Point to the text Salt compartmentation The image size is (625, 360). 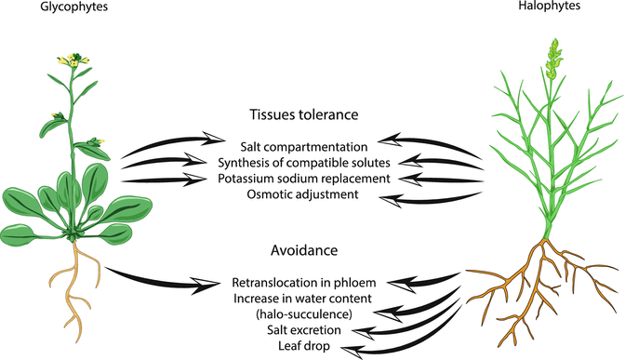point(303,147)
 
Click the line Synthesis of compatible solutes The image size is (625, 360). point(304,163)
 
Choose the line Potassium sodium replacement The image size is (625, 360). point(304,178)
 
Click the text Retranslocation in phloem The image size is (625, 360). point(302,281)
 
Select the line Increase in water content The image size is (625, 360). point(302,298)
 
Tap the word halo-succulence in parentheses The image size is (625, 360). point(303,313)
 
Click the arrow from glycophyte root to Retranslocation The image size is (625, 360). point(158,279)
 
